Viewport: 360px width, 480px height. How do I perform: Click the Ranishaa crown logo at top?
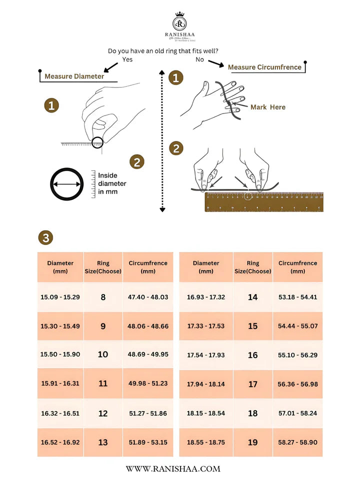click(x=180, y=22)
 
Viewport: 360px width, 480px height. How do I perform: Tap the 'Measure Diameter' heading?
click(x=74, y=76)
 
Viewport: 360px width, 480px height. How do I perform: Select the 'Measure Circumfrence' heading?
click(x=264, y=67)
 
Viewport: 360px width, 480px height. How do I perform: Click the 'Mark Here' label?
click(x=267, y=107)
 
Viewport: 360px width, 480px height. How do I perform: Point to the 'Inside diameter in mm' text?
click(x=112, y=183)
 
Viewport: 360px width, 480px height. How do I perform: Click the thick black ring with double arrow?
click(x=66, y=184)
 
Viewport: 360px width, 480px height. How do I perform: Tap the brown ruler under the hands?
click(x=264, y=202)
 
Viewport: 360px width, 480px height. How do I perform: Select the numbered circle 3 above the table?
click(x=46, y=238)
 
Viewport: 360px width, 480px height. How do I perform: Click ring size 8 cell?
click(x=103, y=297)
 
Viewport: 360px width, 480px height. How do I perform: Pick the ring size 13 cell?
click(x=103, y=442)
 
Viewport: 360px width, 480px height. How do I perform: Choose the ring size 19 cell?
click(x=252, y=442)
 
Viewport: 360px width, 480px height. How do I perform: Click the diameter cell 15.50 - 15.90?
click(x=60, y=354)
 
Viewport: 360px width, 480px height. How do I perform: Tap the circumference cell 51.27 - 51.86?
click(x=147, y=413)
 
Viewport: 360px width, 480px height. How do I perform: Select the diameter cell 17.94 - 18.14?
click(x=205, y=384)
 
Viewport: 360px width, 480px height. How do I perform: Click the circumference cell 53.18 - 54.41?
click(x=297, y=297)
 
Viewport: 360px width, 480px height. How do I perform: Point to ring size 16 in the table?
click(x=252, y=355)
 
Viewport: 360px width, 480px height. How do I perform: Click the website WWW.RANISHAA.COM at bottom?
click(x=173, y=469)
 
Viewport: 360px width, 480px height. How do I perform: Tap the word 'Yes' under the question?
click(x=127, y=59)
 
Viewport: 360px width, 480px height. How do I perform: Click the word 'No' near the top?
click(x=200, y=59)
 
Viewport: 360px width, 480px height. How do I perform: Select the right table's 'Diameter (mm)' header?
click(x=205, y=267)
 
